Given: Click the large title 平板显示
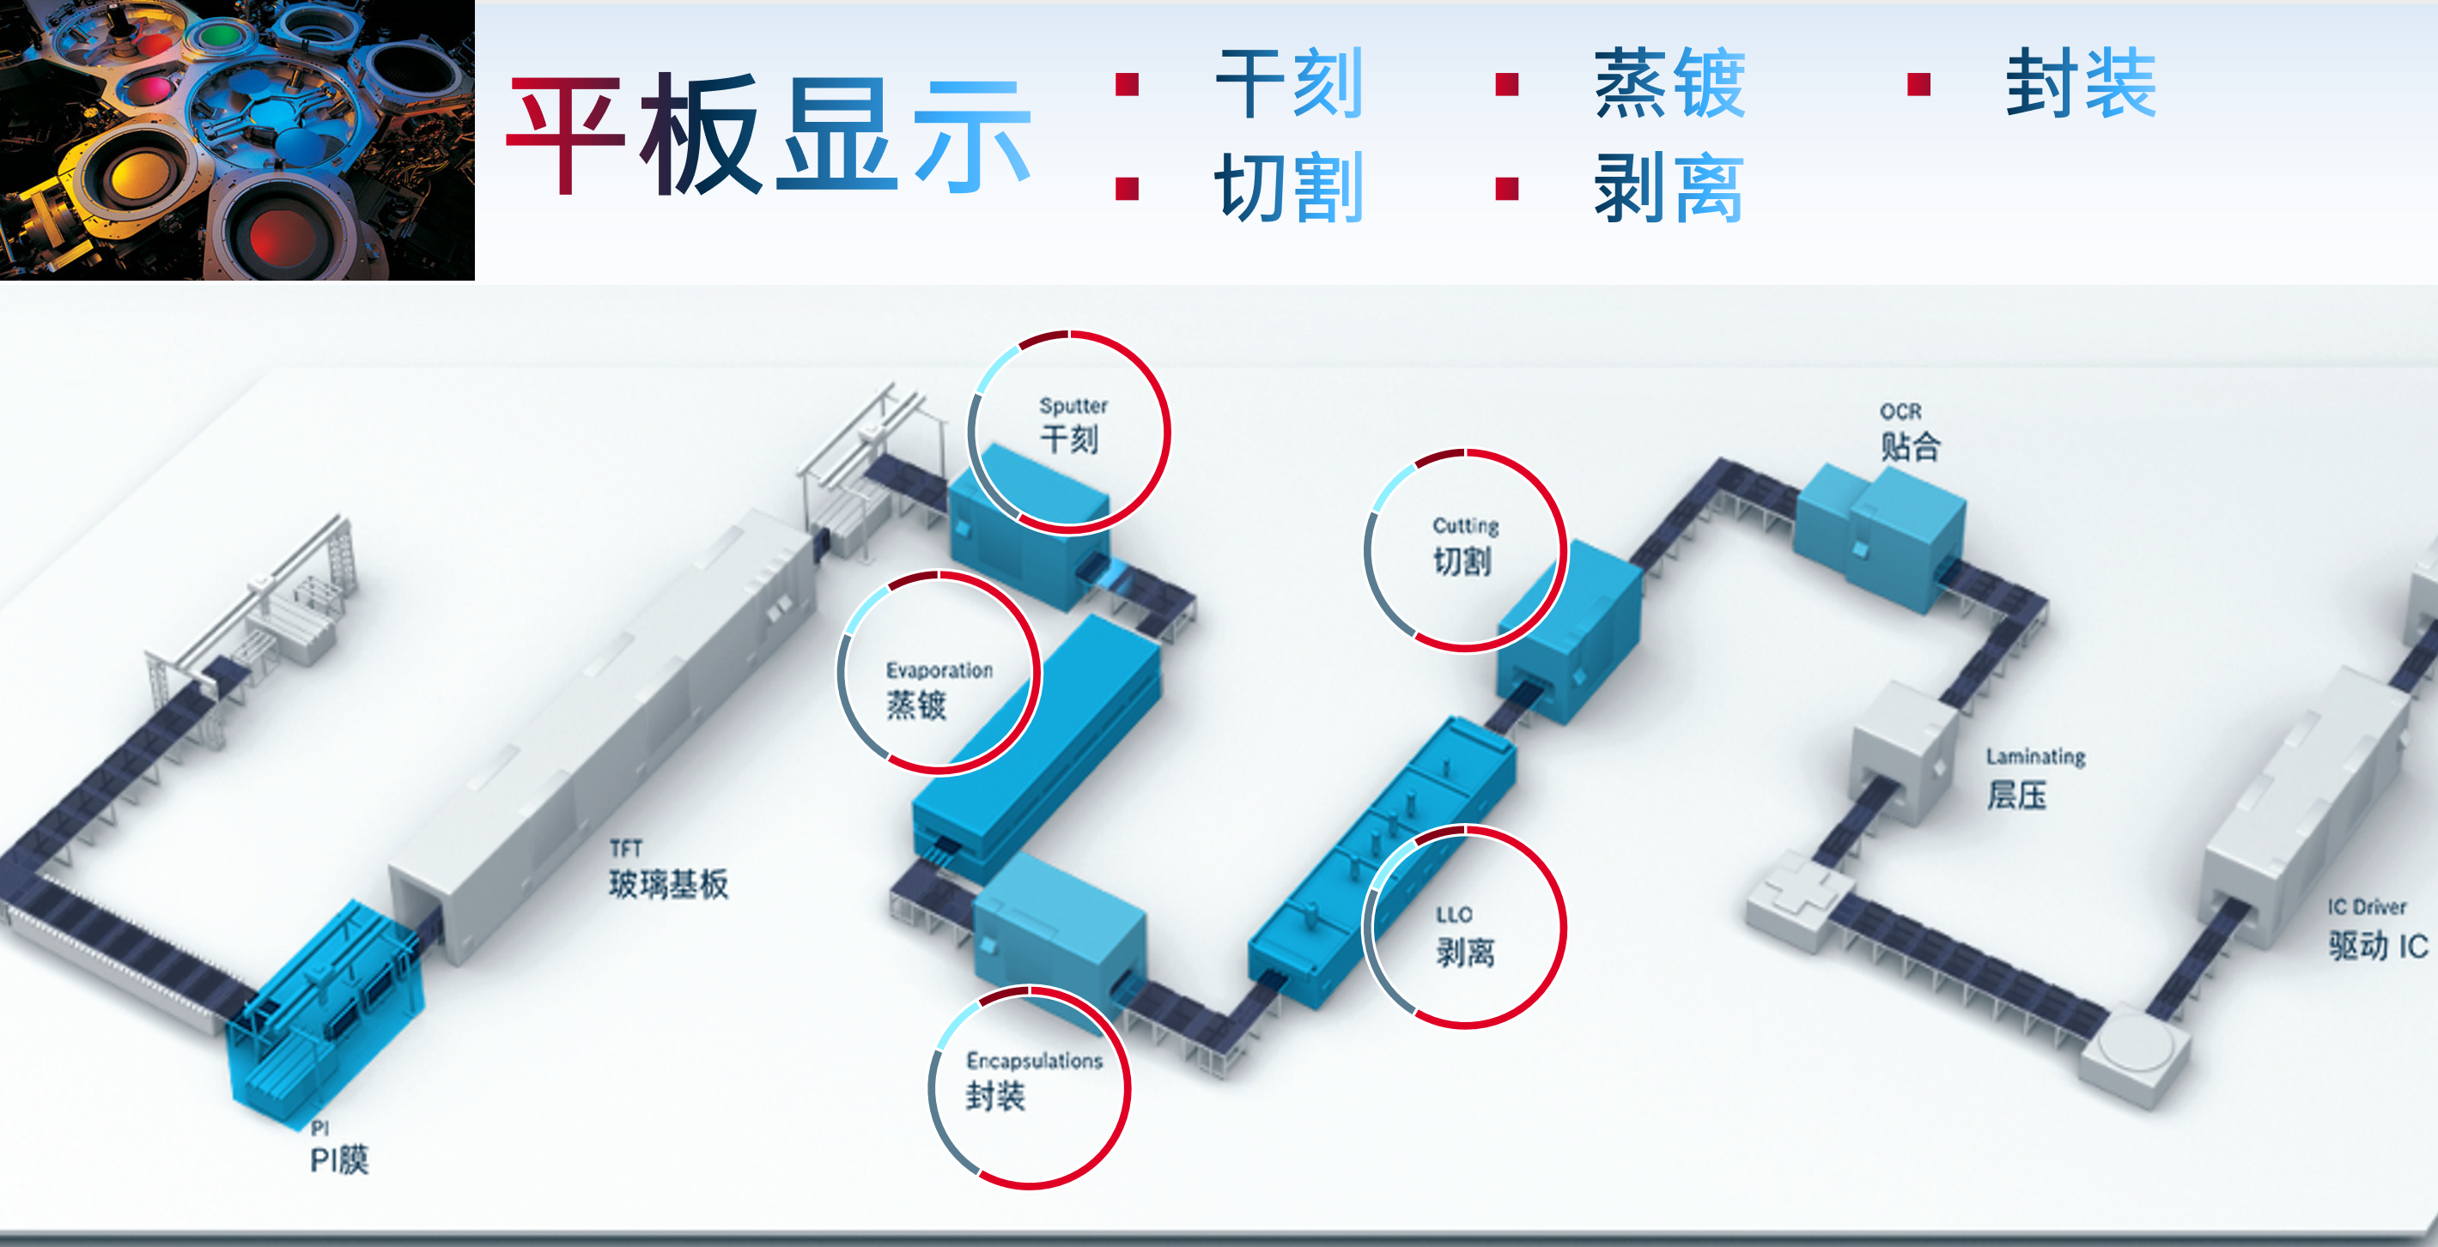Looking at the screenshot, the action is (x=769, y=133).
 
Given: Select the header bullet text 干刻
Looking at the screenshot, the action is (x=1289, y=83).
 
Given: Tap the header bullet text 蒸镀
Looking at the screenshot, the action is (x=1669, y=83).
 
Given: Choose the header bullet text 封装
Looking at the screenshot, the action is (x=2082, y=83).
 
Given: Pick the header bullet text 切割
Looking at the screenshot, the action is (x=1289, y=187).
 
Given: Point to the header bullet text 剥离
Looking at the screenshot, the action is (x=1669, y=188).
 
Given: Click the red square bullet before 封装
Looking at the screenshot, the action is (x=1919, y=85).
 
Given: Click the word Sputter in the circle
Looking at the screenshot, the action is (x=1073, y=406).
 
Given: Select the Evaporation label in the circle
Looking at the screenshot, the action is (x=939, y=670).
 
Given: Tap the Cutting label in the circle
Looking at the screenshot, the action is (x=1465, y=526).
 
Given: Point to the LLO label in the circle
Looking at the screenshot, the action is (x=1454, y=915).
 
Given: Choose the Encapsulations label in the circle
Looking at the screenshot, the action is (x=1035, y=1062).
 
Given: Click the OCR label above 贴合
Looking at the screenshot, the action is (x=1900, y=412).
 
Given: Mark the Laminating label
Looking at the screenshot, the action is (x=2036, y=757).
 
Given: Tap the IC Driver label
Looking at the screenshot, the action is (x=2367, y=906).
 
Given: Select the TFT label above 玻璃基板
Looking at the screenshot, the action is (x=625, y=848).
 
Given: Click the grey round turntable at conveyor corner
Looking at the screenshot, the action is (x=2135, y=1051).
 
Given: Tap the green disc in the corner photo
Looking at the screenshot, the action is (x=222, y=36).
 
